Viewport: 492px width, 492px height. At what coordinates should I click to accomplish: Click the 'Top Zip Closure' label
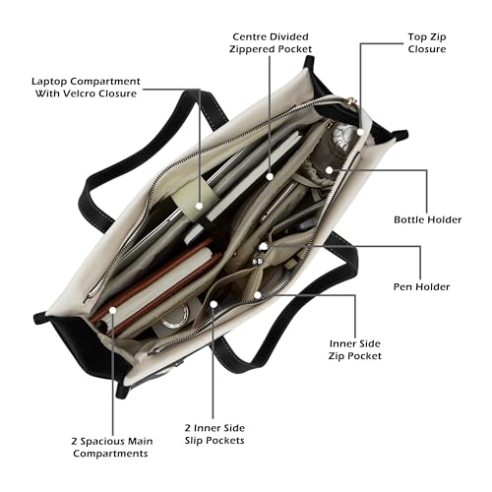point(427,43)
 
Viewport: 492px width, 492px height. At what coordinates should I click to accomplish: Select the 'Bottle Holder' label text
point(427,219)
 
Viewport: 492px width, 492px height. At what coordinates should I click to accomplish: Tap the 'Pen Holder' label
point(421,286)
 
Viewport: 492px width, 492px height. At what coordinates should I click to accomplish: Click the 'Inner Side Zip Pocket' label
point(355,349)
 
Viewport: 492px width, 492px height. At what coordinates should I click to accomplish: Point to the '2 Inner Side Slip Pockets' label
point(215,434)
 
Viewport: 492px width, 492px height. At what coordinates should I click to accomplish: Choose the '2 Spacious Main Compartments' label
point(112,447)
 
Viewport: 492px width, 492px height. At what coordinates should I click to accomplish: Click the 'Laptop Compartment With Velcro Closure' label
point(86,88)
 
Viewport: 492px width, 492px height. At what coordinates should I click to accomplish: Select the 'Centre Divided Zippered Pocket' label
point(271,42)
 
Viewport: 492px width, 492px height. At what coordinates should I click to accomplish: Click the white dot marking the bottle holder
point(330,170)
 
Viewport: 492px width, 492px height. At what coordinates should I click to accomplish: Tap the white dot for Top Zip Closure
point(360,132)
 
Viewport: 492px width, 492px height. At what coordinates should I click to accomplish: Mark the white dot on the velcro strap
point(199,206)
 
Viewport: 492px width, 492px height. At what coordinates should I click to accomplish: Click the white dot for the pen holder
point(264,246)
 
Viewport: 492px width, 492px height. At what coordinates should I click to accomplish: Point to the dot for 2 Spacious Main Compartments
point(113,310)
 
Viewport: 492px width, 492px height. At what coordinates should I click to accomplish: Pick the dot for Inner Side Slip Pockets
point(214,304)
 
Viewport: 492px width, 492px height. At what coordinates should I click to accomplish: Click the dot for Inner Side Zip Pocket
point(258,295)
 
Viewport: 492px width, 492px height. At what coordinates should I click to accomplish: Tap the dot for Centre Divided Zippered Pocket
point(270,176)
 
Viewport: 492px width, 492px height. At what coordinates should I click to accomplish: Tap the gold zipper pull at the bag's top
point(351,100)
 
